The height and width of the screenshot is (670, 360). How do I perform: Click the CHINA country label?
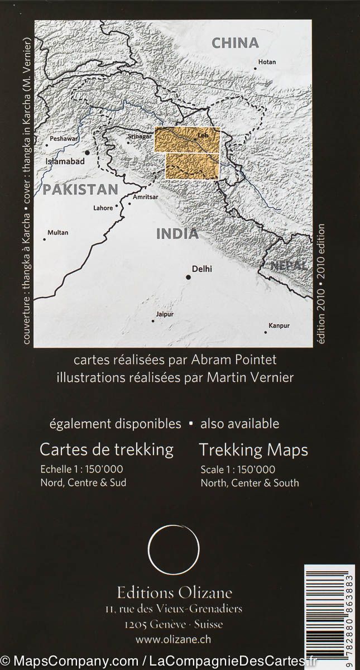[236, 43]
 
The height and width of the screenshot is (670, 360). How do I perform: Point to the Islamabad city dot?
[87, 152]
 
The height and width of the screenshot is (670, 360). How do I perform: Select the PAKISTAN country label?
[81, 189]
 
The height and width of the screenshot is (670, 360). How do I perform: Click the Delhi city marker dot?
[189, 276]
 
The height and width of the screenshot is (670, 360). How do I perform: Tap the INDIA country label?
[177, 234]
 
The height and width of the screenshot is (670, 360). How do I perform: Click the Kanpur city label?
[279, 325]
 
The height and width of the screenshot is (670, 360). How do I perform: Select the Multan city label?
[57, 232]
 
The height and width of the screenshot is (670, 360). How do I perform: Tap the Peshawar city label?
[62, 138]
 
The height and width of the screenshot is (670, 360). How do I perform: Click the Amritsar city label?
[146, 197]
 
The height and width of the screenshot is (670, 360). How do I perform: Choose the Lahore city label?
[103, 208]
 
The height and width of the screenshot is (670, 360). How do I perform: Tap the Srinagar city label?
[140, 136]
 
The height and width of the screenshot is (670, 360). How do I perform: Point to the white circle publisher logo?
[174, 552]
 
